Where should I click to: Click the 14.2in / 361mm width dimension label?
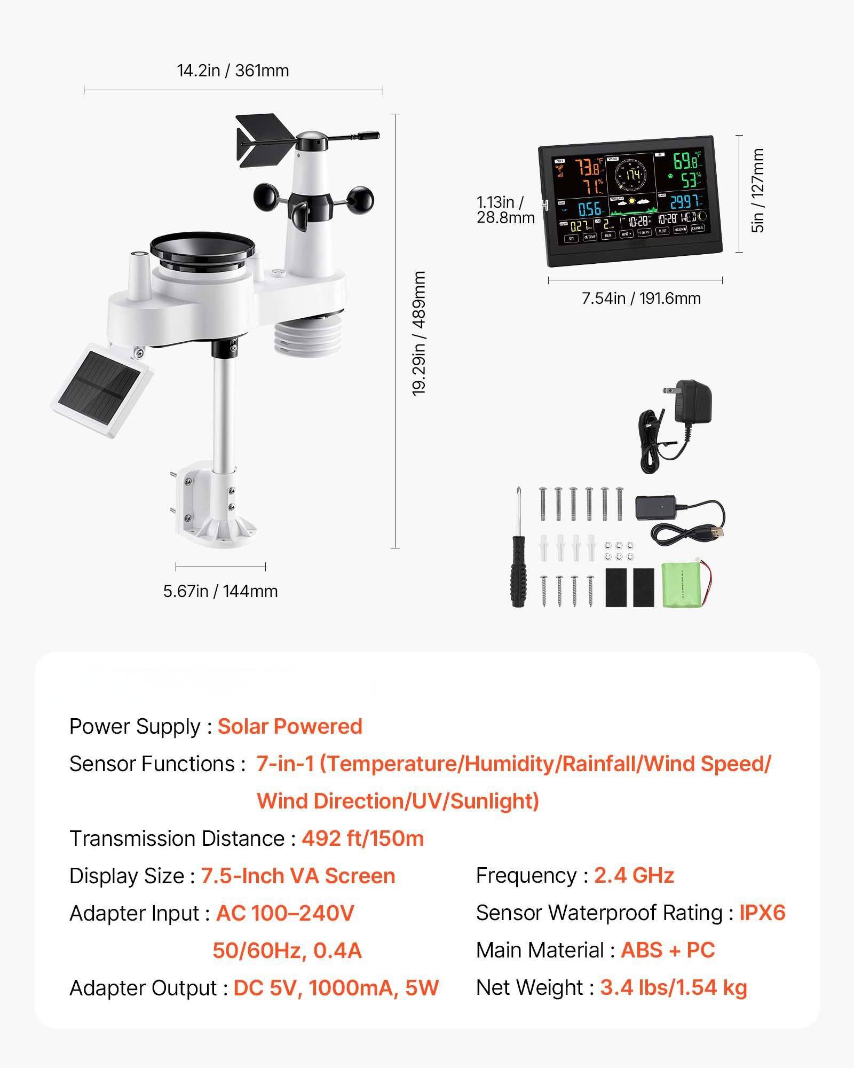click(x=233, y=70)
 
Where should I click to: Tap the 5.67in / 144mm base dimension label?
click(x=220, y=591)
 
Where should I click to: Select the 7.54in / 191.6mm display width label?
click(x=641, y=298)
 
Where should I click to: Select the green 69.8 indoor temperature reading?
click(x=686, y=160)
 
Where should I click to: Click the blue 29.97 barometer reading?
click(x=684, y=202)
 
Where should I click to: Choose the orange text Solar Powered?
click(x=290, y=726)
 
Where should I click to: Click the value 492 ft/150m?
click(x=362, y=838)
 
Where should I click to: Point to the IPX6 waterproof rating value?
click(x=762, y=913)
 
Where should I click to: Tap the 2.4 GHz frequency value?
click(x=634, y=875)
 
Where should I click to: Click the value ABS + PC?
click(x=667, y=950)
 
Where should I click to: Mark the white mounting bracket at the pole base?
click(x=213, y=507)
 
